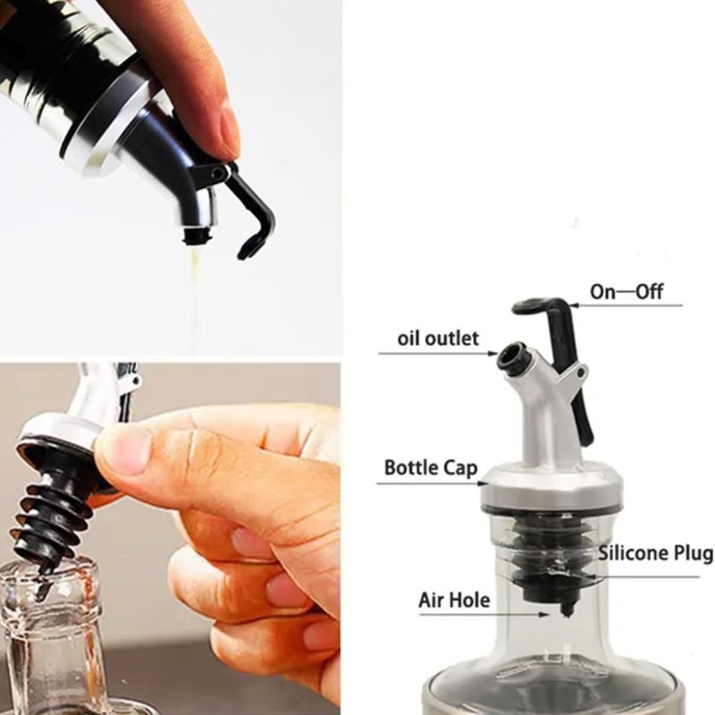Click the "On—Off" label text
coord(627,291)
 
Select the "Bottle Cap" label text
coord(431,467)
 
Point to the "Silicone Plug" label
coord(655,552)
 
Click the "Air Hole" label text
coord(454,600)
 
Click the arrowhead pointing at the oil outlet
coord(493,353)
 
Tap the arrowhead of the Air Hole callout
coord(544,614)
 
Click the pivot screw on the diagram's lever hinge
coord(580,374)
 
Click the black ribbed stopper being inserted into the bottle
coord(50,516)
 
